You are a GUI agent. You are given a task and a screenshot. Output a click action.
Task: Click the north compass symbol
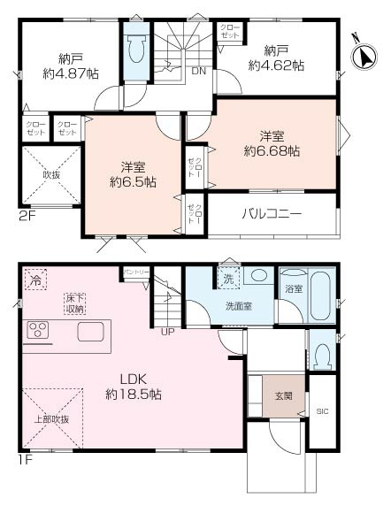pos(363,55)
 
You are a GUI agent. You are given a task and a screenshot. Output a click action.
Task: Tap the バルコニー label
pos(272,214)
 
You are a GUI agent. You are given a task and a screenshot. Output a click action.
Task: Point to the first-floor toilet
pos(321,355)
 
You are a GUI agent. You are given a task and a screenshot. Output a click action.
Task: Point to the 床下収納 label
pos(74,303)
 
